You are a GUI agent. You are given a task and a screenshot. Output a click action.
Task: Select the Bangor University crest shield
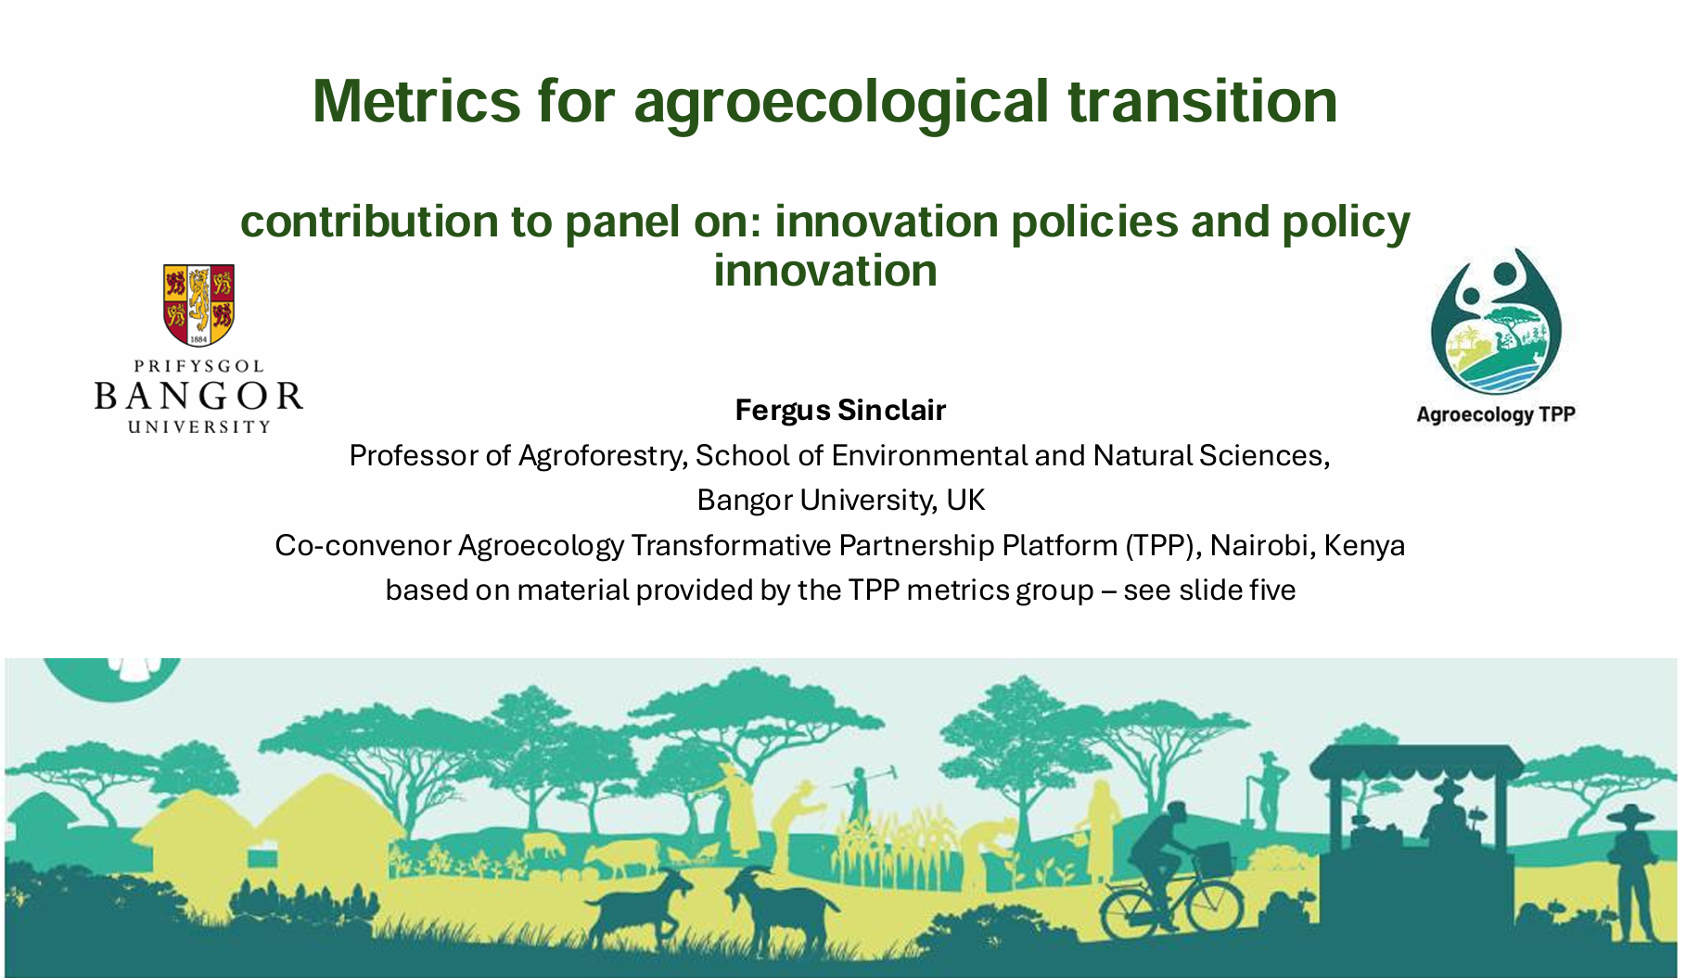198,305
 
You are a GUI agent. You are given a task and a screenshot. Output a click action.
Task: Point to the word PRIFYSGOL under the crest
198,366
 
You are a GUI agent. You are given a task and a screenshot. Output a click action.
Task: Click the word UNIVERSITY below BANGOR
198,426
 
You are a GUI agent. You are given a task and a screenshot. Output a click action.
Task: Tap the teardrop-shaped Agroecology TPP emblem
1495,322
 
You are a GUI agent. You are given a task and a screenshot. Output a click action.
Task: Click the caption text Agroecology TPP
1495,414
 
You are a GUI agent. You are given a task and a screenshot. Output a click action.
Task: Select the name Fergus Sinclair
840,410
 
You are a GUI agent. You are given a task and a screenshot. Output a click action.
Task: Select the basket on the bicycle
1214,858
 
